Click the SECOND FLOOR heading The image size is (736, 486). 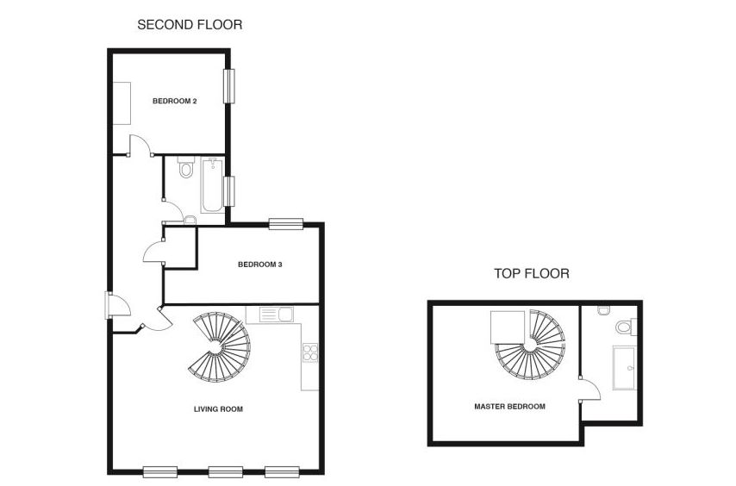click(x=190, y=25)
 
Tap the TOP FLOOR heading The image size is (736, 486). click(x=531, y=274)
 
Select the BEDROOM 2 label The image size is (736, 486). click(x=175, y=101)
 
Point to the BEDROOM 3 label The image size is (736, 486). click(x=260, y=265)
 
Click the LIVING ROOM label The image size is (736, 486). click(x=218, y=409)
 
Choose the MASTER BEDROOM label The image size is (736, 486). click(x=509, y=406)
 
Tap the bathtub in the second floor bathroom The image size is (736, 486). click(x=211, y=184)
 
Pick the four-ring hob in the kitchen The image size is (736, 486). click(x=309, y=352)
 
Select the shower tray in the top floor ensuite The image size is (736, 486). click(x=624, y=368)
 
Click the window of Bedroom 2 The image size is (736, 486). click(x=229, y=86)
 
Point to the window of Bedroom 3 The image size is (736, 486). click(x=285, y=224)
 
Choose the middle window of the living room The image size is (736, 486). click(x=226, y=471)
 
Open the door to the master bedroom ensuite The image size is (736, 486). click(x=589, y=390)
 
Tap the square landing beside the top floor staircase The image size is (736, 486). click(x=504, y=327)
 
